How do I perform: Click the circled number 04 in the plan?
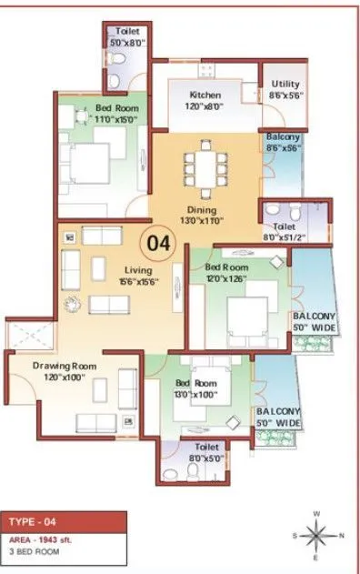(159, 244)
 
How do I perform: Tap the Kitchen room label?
(205, 96)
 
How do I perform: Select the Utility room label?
(285, 84)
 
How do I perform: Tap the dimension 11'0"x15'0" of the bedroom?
(115, 119)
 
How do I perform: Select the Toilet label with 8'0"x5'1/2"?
(283, 218)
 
